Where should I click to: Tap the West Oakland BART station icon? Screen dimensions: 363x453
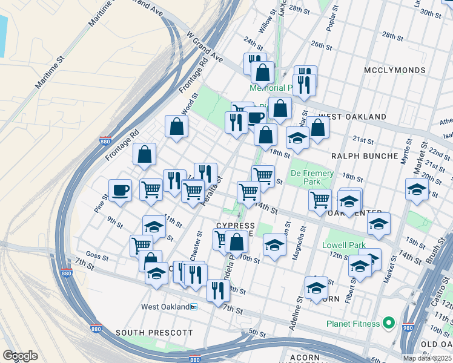point(194,307)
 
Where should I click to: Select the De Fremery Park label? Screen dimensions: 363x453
point(312,177)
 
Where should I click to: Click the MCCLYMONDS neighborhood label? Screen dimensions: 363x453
point(395,71)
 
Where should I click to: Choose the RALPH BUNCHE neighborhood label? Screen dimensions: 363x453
point(364,155)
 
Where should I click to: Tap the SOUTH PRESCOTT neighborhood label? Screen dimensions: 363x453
point(154,333)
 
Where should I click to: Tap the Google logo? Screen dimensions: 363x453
point(20,356)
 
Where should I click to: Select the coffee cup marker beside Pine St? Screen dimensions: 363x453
point(120,190)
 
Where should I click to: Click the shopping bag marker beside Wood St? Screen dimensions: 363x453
point(176,126)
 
